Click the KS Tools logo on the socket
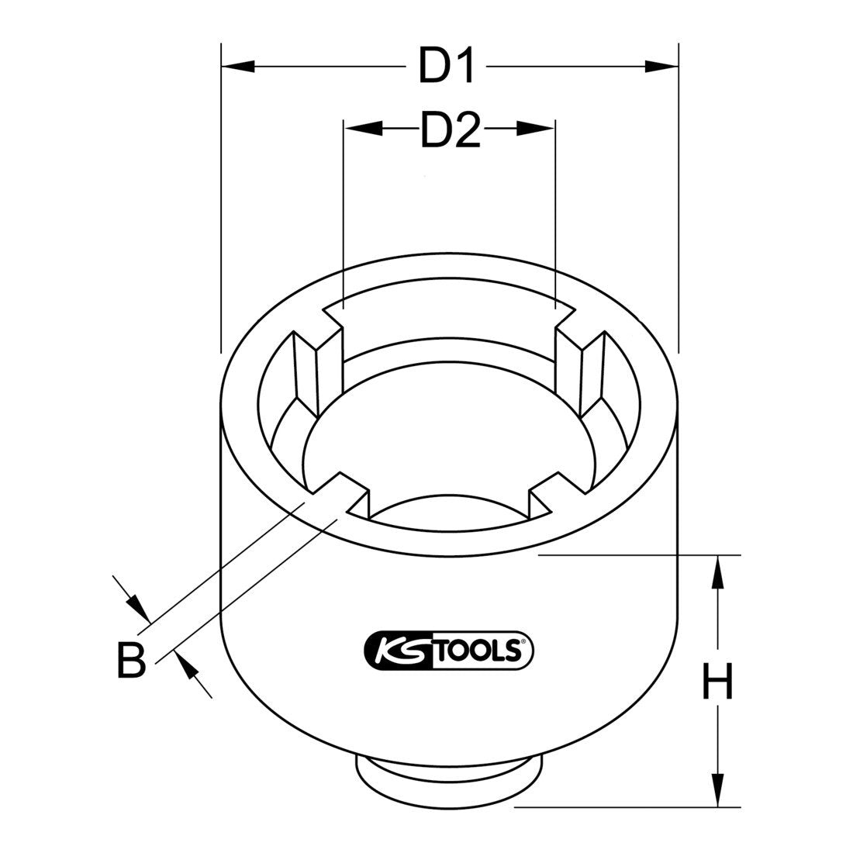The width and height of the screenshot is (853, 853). [448, 648]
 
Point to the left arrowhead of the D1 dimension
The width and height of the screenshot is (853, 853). [236, 67]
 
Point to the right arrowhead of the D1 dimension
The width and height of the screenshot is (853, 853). [664, 67]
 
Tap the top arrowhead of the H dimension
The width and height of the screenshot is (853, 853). [719, 571]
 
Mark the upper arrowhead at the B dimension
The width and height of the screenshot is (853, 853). [137, 606]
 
